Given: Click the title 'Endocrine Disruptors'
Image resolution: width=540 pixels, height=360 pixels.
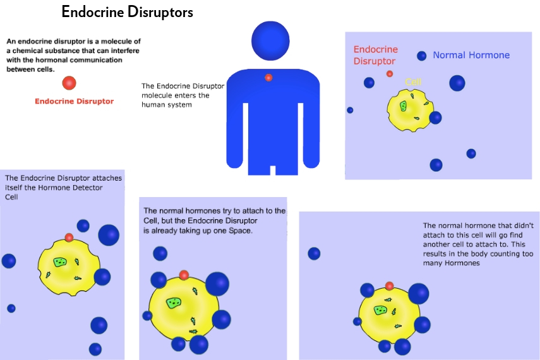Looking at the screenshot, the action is (127, 12).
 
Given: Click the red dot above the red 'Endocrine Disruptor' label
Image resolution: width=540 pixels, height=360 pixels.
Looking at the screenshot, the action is (69, 83).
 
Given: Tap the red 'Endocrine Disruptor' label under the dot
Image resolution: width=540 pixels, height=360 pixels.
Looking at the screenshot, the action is (74, 101).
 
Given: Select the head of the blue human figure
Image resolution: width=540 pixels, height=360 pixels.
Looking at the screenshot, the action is (270, 41).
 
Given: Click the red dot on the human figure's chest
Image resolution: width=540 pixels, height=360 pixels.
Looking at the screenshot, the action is (268, 78).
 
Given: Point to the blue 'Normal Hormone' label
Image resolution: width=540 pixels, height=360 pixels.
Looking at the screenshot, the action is (471, 55).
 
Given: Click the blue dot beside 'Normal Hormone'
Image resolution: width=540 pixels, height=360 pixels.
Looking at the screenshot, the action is (421, 56).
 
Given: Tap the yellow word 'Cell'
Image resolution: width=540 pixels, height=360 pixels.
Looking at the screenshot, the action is (413, 82).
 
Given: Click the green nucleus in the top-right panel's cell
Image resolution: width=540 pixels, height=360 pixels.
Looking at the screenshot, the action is (403, 106).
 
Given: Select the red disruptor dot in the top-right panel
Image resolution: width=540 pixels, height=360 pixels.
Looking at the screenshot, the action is (390, 74).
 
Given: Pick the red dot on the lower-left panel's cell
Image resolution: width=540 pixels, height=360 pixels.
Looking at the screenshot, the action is (69, 237).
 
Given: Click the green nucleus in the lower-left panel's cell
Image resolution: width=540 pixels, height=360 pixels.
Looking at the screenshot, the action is (60, 262).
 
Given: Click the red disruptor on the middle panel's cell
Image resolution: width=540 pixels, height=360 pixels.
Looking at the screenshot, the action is (184, 275).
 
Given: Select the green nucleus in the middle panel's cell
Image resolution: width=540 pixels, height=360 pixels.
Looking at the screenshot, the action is (174, 303).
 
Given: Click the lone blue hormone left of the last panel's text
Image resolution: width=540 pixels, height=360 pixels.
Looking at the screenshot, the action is (314, 253).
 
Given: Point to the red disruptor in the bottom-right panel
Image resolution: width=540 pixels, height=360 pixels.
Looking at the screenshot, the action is (390, 285).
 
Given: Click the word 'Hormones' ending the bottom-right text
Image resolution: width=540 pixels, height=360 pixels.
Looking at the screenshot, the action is (462, 263).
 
